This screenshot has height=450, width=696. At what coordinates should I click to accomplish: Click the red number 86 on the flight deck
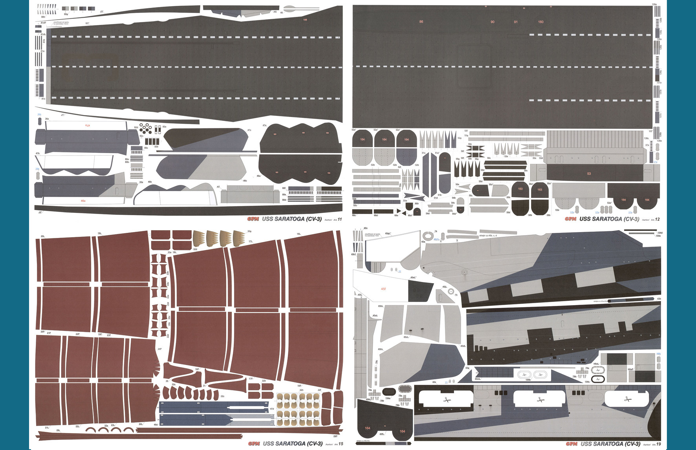421,22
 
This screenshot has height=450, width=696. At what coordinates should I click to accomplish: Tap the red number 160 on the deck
540,22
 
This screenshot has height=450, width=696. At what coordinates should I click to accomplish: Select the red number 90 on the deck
492,22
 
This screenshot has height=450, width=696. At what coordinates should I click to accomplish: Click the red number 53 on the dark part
589,174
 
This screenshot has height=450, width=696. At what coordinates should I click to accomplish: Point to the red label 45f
383,289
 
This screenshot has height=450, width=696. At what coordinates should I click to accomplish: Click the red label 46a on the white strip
83,201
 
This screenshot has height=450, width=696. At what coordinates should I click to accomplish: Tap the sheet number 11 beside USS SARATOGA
340,219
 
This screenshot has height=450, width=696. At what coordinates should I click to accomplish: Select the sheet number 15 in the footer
341,444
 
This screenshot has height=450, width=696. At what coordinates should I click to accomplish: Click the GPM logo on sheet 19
571,444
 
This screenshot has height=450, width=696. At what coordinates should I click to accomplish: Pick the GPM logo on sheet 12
571,219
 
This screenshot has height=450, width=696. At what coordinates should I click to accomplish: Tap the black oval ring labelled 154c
598,379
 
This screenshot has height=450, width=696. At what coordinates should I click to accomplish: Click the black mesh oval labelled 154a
388,392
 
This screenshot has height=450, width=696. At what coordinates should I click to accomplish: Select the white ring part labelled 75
451,291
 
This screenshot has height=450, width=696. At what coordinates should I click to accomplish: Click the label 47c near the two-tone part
249,130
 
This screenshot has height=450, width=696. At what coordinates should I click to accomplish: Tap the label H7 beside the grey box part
218,187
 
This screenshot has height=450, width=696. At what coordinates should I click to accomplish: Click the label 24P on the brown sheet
159,349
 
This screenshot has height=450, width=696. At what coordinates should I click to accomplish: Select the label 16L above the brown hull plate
299,234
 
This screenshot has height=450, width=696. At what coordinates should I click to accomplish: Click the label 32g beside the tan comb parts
249,231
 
